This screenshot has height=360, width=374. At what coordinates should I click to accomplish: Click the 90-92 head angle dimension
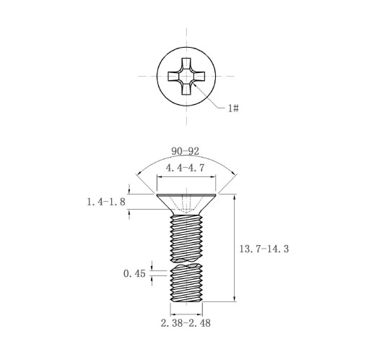[186, 151]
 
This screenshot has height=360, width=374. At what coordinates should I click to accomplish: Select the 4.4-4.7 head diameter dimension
[185, 168]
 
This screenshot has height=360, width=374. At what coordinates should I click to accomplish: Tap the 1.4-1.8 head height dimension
[106, 202]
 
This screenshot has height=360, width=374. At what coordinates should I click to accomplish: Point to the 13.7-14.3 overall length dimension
[264, 249]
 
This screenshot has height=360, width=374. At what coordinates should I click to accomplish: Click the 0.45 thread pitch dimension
[134, 273]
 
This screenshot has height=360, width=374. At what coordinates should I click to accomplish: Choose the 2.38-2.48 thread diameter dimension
[186, 323]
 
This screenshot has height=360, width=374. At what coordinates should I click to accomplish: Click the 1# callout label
[233, 108]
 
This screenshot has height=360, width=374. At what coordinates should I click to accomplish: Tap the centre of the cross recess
[186, 77]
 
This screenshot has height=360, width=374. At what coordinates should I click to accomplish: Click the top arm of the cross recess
[186, 64]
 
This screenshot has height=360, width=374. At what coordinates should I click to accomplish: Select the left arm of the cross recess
[173, 77]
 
